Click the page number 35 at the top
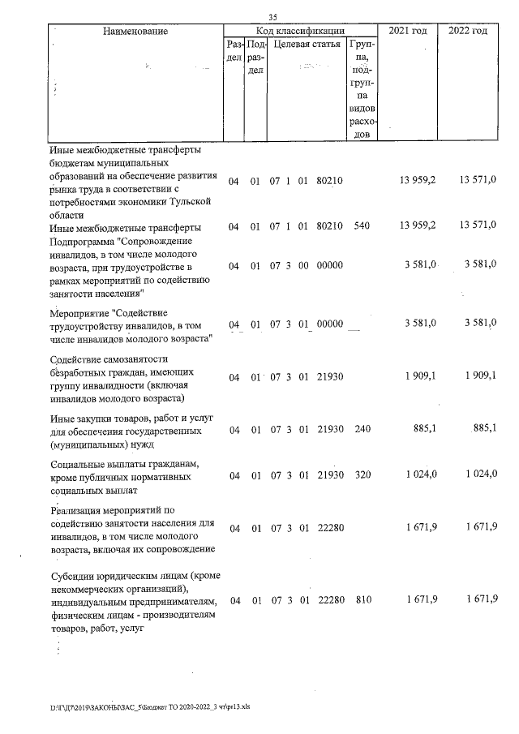[272, 19]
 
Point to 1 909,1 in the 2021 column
[420, 377]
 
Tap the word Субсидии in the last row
[72, 576]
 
